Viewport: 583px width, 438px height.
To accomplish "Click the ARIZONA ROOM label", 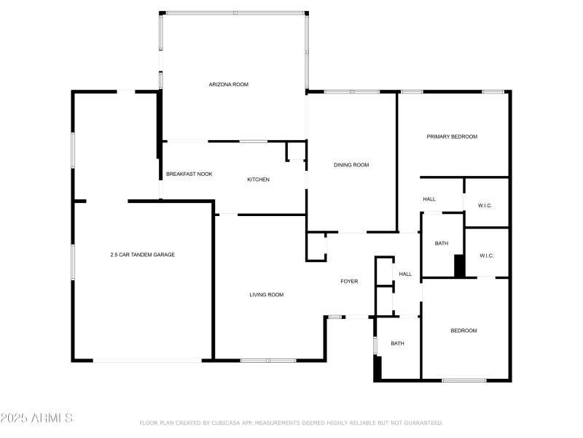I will (x=229, y=85).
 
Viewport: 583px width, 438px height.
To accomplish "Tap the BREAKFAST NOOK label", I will (x=189, y=174).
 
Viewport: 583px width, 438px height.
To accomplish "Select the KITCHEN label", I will (x=259, y=180).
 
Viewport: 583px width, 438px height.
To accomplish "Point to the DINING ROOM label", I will (x=351, y=165).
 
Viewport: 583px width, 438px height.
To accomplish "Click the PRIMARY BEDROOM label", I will (x=452, y=137).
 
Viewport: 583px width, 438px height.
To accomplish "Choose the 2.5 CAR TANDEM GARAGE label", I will (x=142, y=255).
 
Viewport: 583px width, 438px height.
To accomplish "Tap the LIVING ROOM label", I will (x=266, y=295).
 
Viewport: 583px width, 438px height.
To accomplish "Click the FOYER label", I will (x=349, y=281).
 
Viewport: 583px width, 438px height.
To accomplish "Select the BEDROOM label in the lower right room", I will (x=463, y=331).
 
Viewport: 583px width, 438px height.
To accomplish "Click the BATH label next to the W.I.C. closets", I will (x=442, y=243).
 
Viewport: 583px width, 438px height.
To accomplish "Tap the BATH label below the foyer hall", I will (x=397, y=343).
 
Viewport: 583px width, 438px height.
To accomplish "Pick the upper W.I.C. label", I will (x=485, y=206).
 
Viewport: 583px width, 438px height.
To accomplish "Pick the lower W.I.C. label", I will (x=487, y=255).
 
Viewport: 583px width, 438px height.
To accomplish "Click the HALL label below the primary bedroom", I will (x=429, y=199).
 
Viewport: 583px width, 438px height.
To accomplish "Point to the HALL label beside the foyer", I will (x=405, y=274).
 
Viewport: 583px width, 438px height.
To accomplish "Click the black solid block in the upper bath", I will (x=459, y=265).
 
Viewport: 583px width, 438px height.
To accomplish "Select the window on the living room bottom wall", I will (x=268, y=361).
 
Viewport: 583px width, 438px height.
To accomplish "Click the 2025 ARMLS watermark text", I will (x=36, y=418).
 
